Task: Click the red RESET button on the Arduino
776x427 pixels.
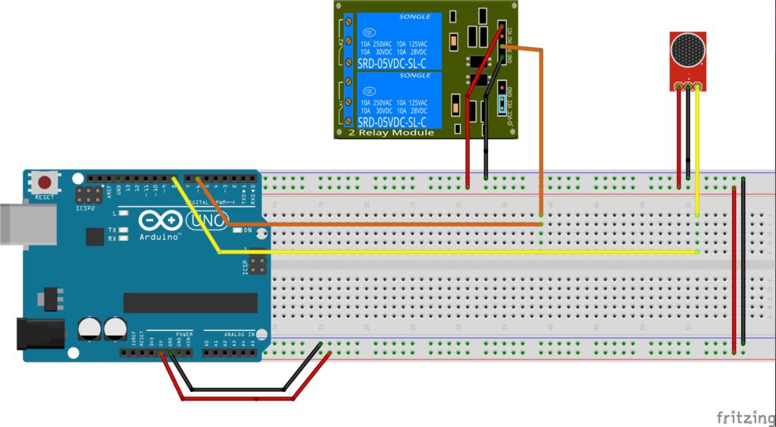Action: (46, 182)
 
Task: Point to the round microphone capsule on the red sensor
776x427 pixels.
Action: (688, 52)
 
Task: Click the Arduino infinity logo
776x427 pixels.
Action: (159, 220)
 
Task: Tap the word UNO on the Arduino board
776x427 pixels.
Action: (205, 219)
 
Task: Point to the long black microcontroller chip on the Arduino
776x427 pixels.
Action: (190, 302)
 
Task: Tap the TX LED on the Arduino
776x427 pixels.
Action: (124, 229)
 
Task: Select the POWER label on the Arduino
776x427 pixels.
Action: (184, 334)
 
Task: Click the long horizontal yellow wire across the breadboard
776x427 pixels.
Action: (455, 252)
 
